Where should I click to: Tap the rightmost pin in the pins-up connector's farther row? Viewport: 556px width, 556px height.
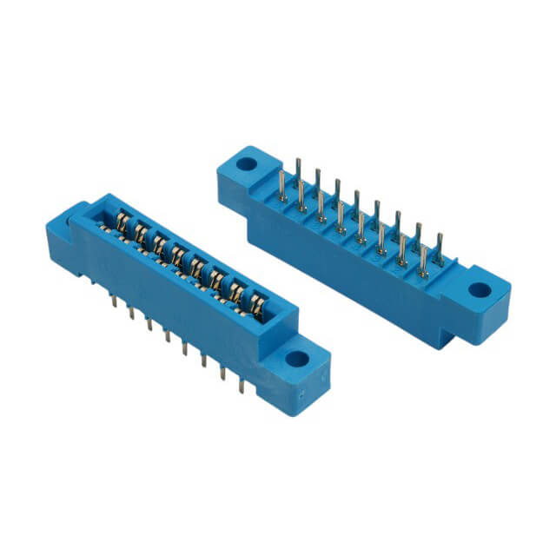(439, 247)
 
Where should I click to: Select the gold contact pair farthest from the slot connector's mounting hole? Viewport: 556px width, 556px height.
(122, 227)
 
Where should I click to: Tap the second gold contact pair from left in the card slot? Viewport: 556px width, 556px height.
(141, 237)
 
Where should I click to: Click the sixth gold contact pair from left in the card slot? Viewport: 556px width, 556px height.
(219, 281)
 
